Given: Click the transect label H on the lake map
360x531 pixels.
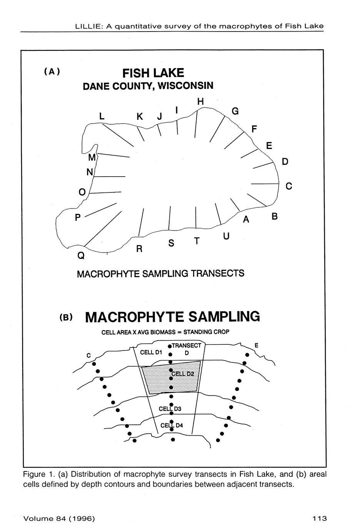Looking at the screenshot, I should point(200,102).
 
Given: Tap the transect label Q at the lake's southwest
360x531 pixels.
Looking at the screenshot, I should point(81,255).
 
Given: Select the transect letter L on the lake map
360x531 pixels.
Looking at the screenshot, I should point(102,116).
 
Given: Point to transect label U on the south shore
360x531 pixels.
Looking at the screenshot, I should point(226,236).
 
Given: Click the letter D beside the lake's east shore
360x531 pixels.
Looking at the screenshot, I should point(285,162).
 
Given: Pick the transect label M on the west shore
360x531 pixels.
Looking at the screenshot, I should point(92,158).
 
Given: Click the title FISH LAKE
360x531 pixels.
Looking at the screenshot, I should point(153,73).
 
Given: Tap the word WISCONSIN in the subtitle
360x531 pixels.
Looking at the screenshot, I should point(186,85).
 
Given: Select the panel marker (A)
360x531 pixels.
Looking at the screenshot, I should point(52,72).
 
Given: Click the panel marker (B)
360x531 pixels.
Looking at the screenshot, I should point(66,317).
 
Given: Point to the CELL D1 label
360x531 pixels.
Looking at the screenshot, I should point(151,352).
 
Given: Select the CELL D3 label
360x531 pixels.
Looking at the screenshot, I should point(170,409).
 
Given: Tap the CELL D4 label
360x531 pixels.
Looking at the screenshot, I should point(172,425).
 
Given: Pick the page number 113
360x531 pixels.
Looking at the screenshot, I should point(319,518).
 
